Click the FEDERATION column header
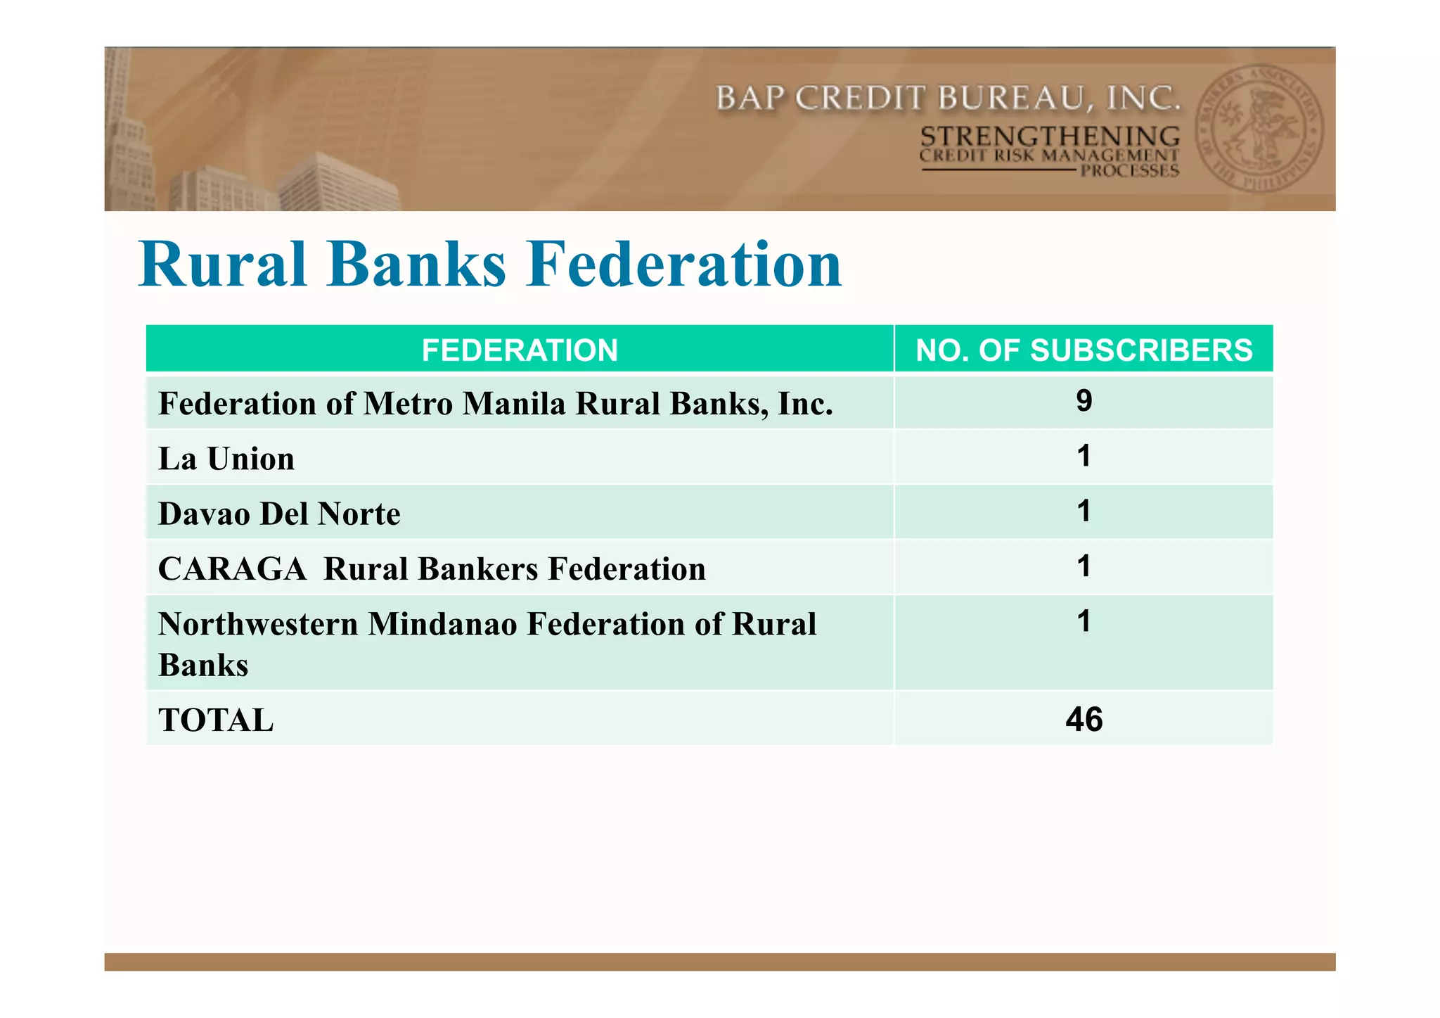(520, 350)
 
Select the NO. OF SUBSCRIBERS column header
(1084, 350)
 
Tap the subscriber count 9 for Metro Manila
(1084, 401)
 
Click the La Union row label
(226, 459)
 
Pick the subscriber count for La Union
(1084, 456)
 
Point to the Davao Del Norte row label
(279, 514)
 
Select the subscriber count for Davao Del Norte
(1084, 511)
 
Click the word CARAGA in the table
(232, 568)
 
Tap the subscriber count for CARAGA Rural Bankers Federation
(1084, 566)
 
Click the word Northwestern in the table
(258, 624)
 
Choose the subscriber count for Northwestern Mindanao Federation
(1084, 621)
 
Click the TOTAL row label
(216, 720)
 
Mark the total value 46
(1084, 719)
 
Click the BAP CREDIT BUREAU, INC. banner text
(947, 98)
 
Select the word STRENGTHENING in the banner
(1050, 136)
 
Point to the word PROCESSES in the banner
(1129, 171)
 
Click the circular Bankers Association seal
(1259, 129)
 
